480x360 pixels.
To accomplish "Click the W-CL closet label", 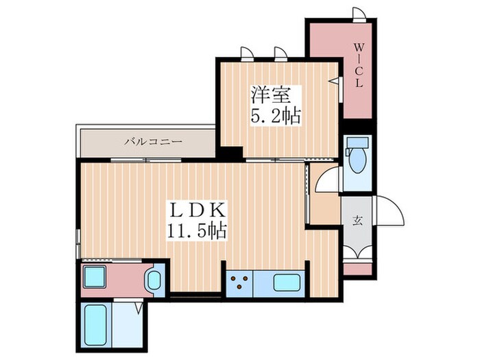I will [x=358, y=66].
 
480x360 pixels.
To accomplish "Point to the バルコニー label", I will [x=153, y=142].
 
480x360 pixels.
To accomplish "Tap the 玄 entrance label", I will [x=358, y=220].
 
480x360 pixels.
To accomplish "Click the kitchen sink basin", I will [x=286, y=283].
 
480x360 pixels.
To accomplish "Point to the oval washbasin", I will [x=154, y=280].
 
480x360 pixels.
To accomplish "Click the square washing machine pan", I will [x=94, y=277].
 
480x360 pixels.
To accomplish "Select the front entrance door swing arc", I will [x=389, y=210].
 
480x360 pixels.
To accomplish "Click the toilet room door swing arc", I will [x=328, y=180].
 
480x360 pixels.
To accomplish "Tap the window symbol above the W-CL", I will [x=359, y=14].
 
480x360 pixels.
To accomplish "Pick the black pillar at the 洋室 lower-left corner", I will [x=230, y=154].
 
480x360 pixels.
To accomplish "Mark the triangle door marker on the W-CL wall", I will [x=335, y=81].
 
